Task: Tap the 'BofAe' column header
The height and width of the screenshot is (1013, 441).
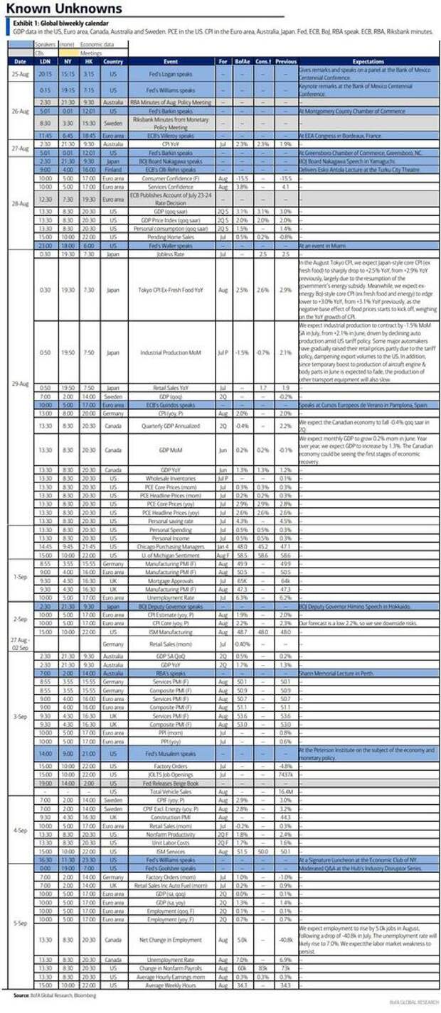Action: coord(242,62)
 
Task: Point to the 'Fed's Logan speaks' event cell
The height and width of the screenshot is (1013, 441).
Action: coord(176,73)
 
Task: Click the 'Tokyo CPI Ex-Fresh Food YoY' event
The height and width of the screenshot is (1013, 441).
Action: coord(176,290)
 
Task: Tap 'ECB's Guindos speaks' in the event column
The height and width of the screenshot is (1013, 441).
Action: coord(176,404)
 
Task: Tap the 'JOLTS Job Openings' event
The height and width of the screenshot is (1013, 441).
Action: coord(176,774)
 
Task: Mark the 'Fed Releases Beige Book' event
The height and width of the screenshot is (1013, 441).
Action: coord(176,782)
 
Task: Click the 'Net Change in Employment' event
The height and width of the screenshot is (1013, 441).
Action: coord(176,937)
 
